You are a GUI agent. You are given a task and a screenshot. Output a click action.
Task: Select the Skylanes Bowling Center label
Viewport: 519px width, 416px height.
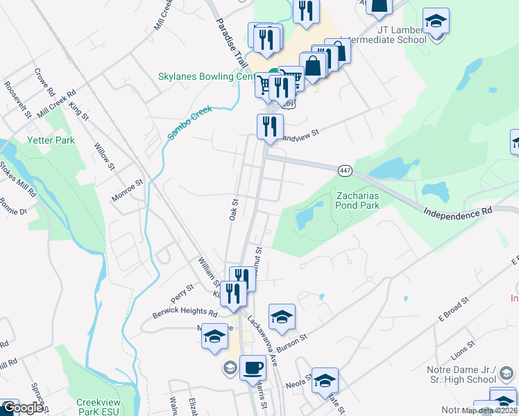[x=197, y=76]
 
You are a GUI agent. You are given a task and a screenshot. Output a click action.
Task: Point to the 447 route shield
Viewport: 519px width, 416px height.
[x=345, y=171]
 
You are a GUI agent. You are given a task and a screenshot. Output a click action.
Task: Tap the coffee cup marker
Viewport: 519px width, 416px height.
[x=253, y=367]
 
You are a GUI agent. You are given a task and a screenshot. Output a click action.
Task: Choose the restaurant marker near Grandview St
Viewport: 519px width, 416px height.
[x=269, y=126]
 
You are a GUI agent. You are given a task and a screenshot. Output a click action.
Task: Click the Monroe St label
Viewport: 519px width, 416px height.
[x=128, y=191]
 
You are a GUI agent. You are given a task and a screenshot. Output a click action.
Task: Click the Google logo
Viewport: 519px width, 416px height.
[x=22, y=408]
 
